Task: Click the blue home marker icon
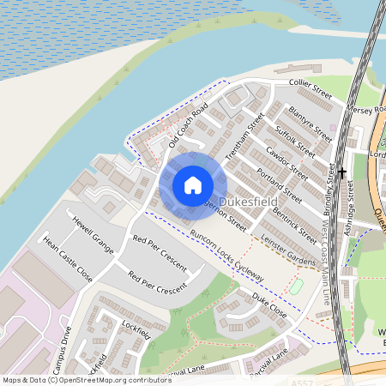[x=193, y=185]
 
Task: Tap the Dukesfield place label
[x=246, y=202]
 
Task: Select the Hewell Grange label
[x=93, y=230]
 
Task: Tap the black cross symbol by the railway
[x=342, y=172]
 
